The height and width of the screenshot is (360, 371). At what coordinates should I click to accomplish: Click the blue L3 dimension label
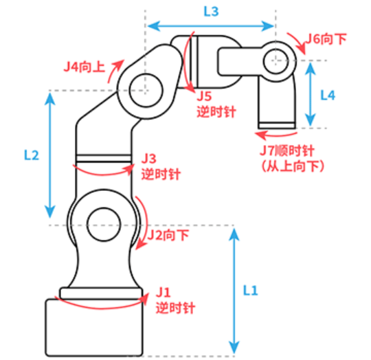click(211, 12)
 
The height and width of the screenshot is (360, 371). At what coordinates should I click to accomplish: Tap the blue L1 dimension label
click(250, 290)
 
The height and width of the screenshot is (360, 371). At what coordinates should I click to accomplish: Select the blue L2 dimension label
click(32, 155)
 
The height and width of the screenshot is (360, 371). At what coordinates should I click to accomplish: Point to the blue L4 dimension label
click(328, 95)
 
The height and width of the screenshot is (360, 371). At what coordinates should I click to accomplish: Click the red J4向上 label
click(85, 67)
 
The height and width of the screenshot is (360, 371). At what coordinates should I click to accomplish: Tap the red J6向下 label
click(326, 39)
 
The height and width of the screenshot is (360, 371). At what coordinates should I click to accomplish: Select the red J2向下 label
click(168, 235)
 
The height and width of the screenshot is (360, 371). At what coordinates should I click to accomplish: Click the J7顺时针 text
click(287, 150)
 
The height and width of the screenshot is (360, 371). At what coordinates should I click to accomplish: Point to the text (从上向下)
click(293, 166)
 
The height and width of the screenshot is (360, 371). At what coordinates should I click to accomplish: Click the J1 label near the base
click(164, 293)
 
